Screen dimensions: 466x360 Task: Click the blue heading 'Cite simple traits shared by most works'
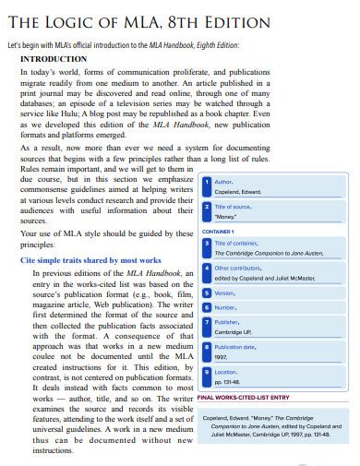coord(90,261)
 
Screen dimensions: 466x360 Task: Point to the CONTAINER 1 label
coord(217,231)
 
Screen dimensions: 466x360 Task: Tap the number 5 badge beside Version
coord(206,293)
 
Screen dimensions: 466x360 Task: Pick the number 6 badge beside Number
coord(206,307)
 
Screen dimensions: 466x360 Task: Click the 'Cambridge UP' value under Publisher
coord(234,332)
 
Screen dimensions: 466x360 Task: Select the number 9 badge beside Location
coord(206,373)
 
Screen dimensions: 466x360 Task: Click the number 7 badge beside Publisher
coord(206,323)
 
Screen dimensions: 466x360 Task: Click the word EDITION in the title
coord(232,22)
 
